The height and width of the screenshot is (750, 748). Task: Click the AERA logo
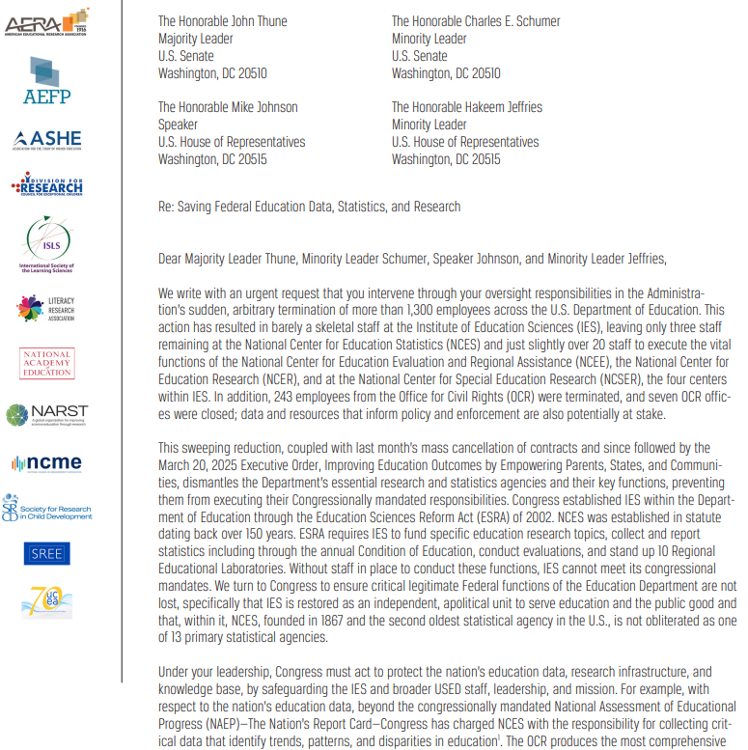tap(47, 21)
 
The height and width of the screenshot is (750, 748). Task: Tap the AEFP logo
tap(47, 80)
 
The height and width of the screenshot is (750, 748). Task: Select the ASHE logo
tap(47, 140)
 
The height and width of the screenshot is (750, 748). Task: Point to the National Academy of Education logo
tap(46, 364)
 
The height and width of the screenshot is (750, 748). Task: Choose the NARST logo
tap(47, 415)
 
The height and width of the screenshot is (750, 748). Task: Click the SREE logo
tap(46, 554)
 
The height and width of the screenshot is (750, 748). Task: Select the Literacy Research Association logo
tap(46, 308)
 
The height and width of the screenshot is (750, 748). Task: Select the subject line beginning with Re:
tap(309, 207)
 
